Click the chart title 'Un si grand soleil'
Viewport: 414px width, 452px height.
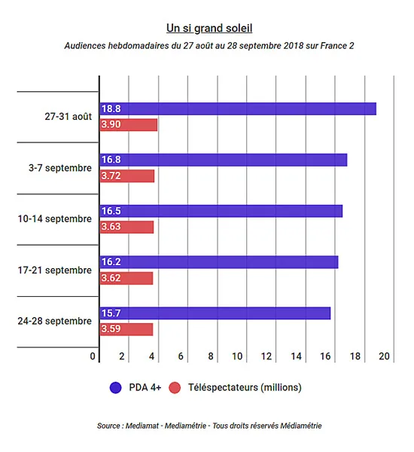[x=209, y=29]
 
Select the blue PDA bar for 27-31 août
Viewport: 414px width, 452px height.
[x=238, y=108]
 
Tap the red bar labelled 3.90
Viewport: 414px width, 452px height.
[x=129, y=125]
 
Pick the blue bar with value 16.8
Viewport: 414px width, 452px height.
[x=224, y=160]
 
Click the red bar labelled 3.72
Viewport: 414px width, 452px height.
[x=127, y=176]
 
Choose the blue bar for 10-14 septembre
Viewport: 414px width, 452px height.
[x=221, y=211]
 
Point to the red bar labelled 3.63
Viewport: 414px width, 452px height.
[x=126, y=228]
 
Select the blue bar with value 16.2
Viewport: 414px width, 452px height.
[x=219, y=262]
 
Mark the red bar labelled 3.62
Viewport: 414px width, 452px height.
[x=126, y=278]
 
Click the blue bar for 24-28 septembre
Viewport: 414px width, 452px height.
[x=215, y=313]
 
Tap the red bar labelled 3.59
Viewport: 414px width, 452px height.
[x=126, y=329]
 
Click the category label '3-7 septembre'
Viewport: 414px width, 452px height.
[x=60, y=168]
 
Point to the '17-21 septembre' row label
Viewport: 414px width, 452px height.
[x=54, y=270]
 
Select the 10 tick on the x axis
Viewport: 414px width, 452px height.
[x=237, y=356]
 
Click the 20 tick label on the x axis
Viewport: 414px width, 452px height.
[x=385, y=356]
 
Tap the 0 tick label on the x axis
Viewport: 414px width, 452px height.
[x=93, y=356]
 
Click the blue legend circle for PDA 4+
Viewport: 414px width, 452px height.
[x=115, y=387]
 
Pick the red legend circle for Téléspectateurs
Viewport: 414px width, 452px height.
[x=175, y=387]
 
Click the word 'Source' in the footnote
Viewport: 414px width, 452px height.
[x=108, y=426]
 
